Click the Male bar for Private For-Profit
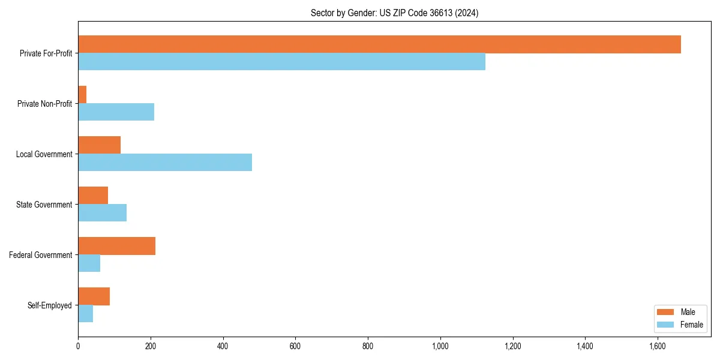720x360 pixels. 379,44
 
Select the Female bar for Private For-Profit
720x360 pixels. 281,62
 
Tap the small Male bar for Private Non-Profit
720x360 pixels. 82,95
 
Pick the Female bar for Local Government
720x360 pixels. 165,163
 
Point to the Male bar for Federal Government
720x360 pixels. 116,246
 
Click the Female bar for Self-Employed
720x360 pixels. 85,314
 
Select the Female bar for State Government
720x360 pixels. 102,213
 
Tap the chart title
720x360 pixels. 394,13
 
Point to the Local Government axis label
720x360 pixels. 44,154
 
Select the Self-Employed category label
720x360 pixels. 50,305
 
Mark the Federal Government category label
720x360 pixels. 41,255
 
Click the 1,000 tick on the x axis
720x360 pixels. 440,346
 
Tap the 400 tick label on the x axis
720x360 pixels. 223,346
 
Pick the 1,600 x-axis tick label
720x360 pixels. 658,346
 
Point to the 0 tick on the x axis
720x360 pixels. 78,346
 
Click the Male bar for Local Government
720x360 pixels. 99,145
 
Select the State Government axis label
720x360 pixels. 44,205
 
